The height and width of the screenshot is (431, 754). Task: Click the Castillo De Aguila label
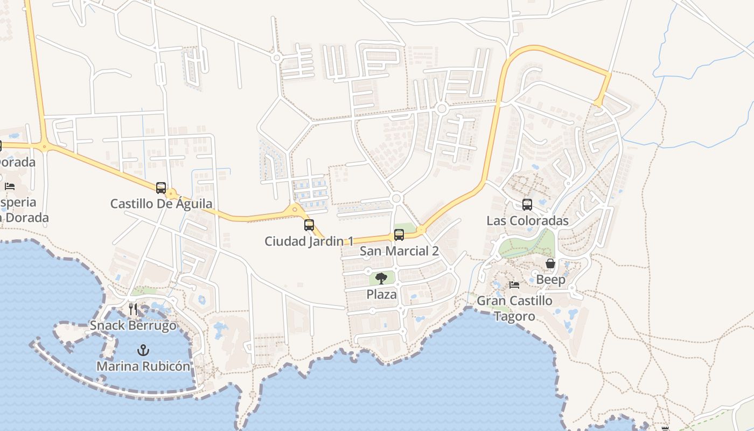(x=161, y=204)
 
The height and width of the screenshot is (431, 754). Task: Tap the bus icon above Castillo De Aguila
(x=161, y=188)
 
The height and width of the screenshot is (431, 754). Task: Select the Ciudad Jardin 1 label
(x=309, y=241)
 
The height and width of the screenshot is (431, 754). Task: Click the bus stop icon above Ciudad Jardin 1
(x=309, y=225)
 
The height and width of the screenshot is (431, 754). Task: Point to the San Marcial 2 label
(x=399, y=251)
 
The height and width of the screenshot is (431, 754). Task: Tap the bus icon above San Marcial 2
(x=399, y=235)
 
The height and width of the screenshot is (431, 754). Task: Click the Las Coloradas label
(x=527, y=220)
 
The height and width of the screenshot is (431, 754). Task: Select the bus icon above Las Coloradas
(x=527, y=205)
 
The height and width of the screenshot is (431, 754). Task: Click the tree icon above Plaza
(x=381, y=279)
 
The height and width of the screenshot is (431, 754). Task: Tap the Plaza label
(x=381, y=294)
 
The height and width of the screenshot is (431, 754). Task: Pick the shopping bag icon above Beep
(x=550, y=264)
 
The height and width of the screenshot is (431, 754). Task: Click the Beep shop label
(x=550, y=280)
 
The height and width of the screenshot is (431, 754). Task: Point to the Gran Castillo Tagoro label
(x=514, y=308)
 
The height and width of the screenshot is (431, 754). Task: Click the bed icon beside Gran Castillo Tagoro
(x=514, y=284)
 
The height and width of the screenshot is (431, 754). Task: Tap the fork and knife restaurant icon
(x=133, y=309)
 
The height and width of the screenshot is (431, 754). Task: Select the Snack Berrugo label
(x=133, y=325)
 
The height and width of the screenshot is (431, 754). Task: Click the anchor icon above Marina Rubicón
(x=143, y=350)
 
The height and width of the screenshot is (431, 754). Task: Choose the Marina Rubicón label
(x=143, y=366)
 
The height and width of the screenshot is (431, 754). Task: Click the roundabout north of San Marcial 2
(x=397, y=199)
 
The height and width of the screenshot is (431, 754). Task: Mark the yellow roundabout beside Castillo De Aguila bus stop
(x=172, y=193)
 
